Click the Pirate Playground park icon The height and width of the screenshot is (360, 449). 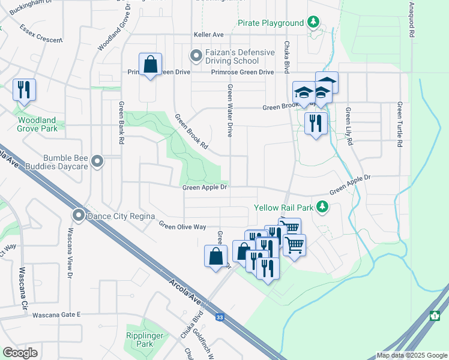tap(313, 23)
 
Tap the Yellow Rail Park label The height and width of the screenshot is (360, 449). tap(284, 208)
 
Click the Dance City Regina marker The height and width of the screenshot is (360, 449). tap(79, 215)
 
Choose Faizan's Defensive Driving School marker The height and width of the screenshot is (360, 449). tap(196, 56)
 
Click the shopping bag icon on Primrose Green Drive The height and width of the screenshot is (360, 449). tap(150, 64)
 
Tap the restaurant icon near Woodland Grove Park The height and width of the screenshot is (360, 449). tap(24, 90)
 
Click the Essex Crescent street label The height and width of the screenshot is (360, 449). tap(41, 34)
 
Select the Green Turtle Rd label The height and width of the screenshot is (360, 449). tap(399, 125)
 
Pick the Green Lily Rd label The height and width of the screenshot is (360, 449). tap(348, 127)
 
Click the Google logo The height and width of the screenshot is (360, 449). tap(20, 353)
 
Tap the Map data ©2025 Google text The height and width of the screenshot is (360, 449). tap(411, 355)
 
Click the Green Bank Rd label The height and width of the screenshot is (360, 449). tap(121, 122)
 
